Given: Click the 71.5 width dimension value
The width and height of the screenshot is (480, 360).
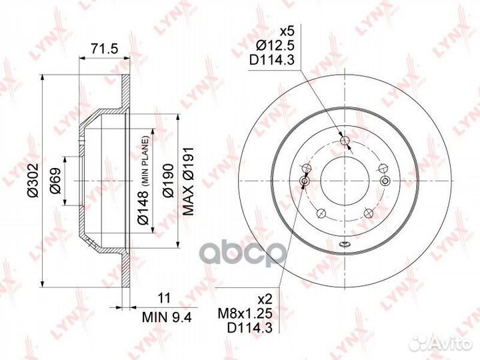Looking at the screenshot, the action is [105, 49].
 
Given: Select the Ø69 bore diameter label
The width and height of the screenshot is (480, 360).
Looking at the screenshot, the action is [55, 181].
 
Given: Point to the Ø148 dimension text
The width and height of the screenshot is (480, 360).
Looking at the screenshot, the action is [143, 207].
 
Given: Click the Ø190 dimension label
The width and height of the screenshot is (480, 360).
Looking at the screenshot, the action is [168, 181].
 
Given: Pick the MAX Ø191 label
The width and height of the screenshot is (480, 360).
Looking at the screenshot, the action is [188, 181].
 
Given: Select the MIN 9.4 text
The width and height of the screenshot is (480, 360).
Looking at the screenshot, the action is [167, 317].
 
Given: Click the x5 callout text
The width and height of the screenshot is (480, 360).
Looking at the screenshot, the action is [287, 31].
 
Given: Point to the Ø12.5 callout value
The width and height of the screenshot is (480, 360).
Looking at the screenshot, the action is [275, 45].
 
